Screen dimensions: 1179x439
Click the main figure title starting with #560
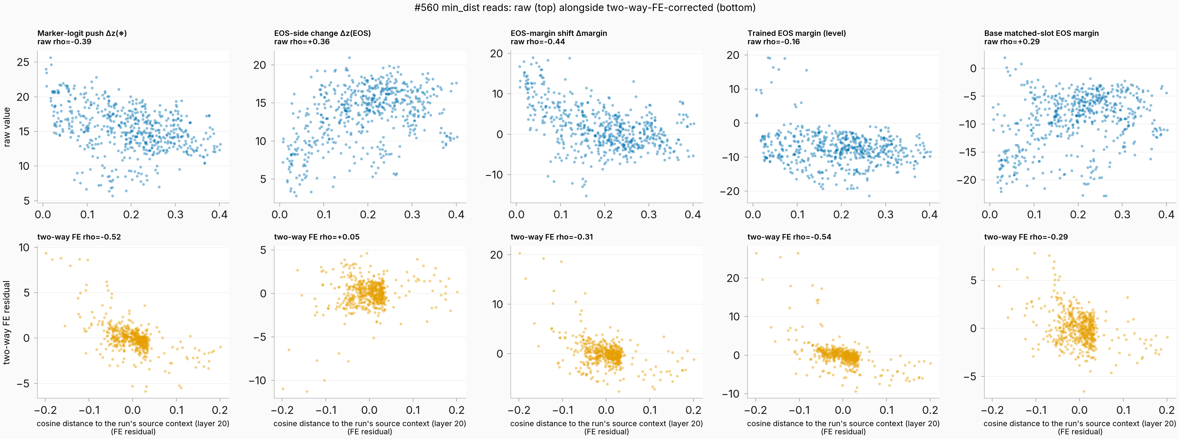(x=585, y=7)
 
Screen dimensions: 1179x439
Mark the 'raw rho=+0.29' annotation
(x=1012, y=42)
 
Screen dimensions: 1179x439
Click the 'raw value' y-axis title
(x=7, y=127)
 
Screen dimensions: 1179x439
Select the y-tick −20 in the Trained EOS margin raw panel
(x=729, y=191)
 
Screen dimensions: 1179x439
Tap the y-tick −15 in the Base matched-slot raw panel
(x=966, y=152)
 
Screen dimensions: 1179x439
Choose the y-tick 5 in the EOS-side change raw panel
(x=263, y=179)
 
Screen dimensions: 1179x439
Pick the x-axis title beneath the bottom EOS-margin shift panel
(x=607, y=427)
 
